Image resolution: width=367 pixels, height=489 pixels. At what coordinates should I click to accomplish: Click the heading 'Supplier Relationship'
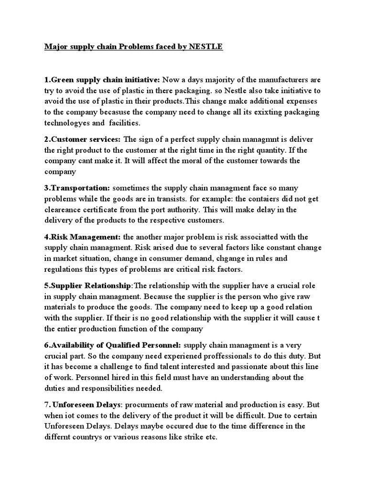click(90, 285)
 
